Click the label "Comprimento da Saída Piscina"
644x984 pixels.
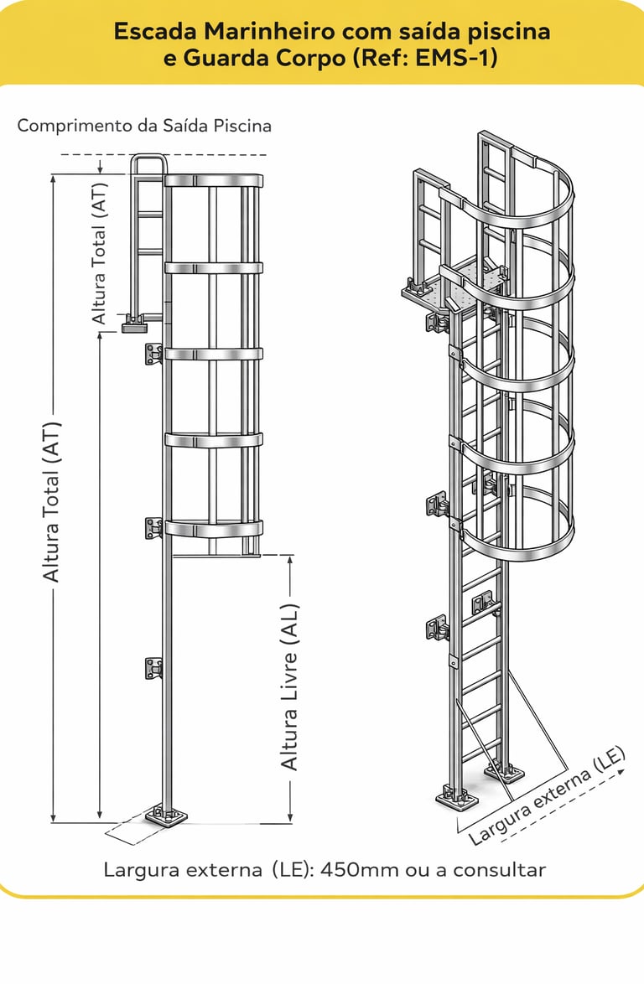[x=144, y=127]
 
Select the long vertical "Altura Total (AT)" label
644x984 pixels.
[x=52, y=500]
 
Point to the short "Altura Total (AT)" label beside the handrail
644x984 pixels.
[x=100, y=254]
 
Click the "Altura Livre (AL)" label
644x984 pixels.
[x=289, y=687]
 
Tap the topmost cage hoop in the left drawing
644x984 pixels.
[x=213, y=180]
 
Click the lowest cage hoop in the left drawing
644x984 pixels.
[x=213, y=528]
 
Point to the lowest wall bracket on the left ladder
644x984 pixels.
[x=153, y=668]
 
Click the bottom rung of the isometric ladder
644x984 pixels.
[x=482, y=742]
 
